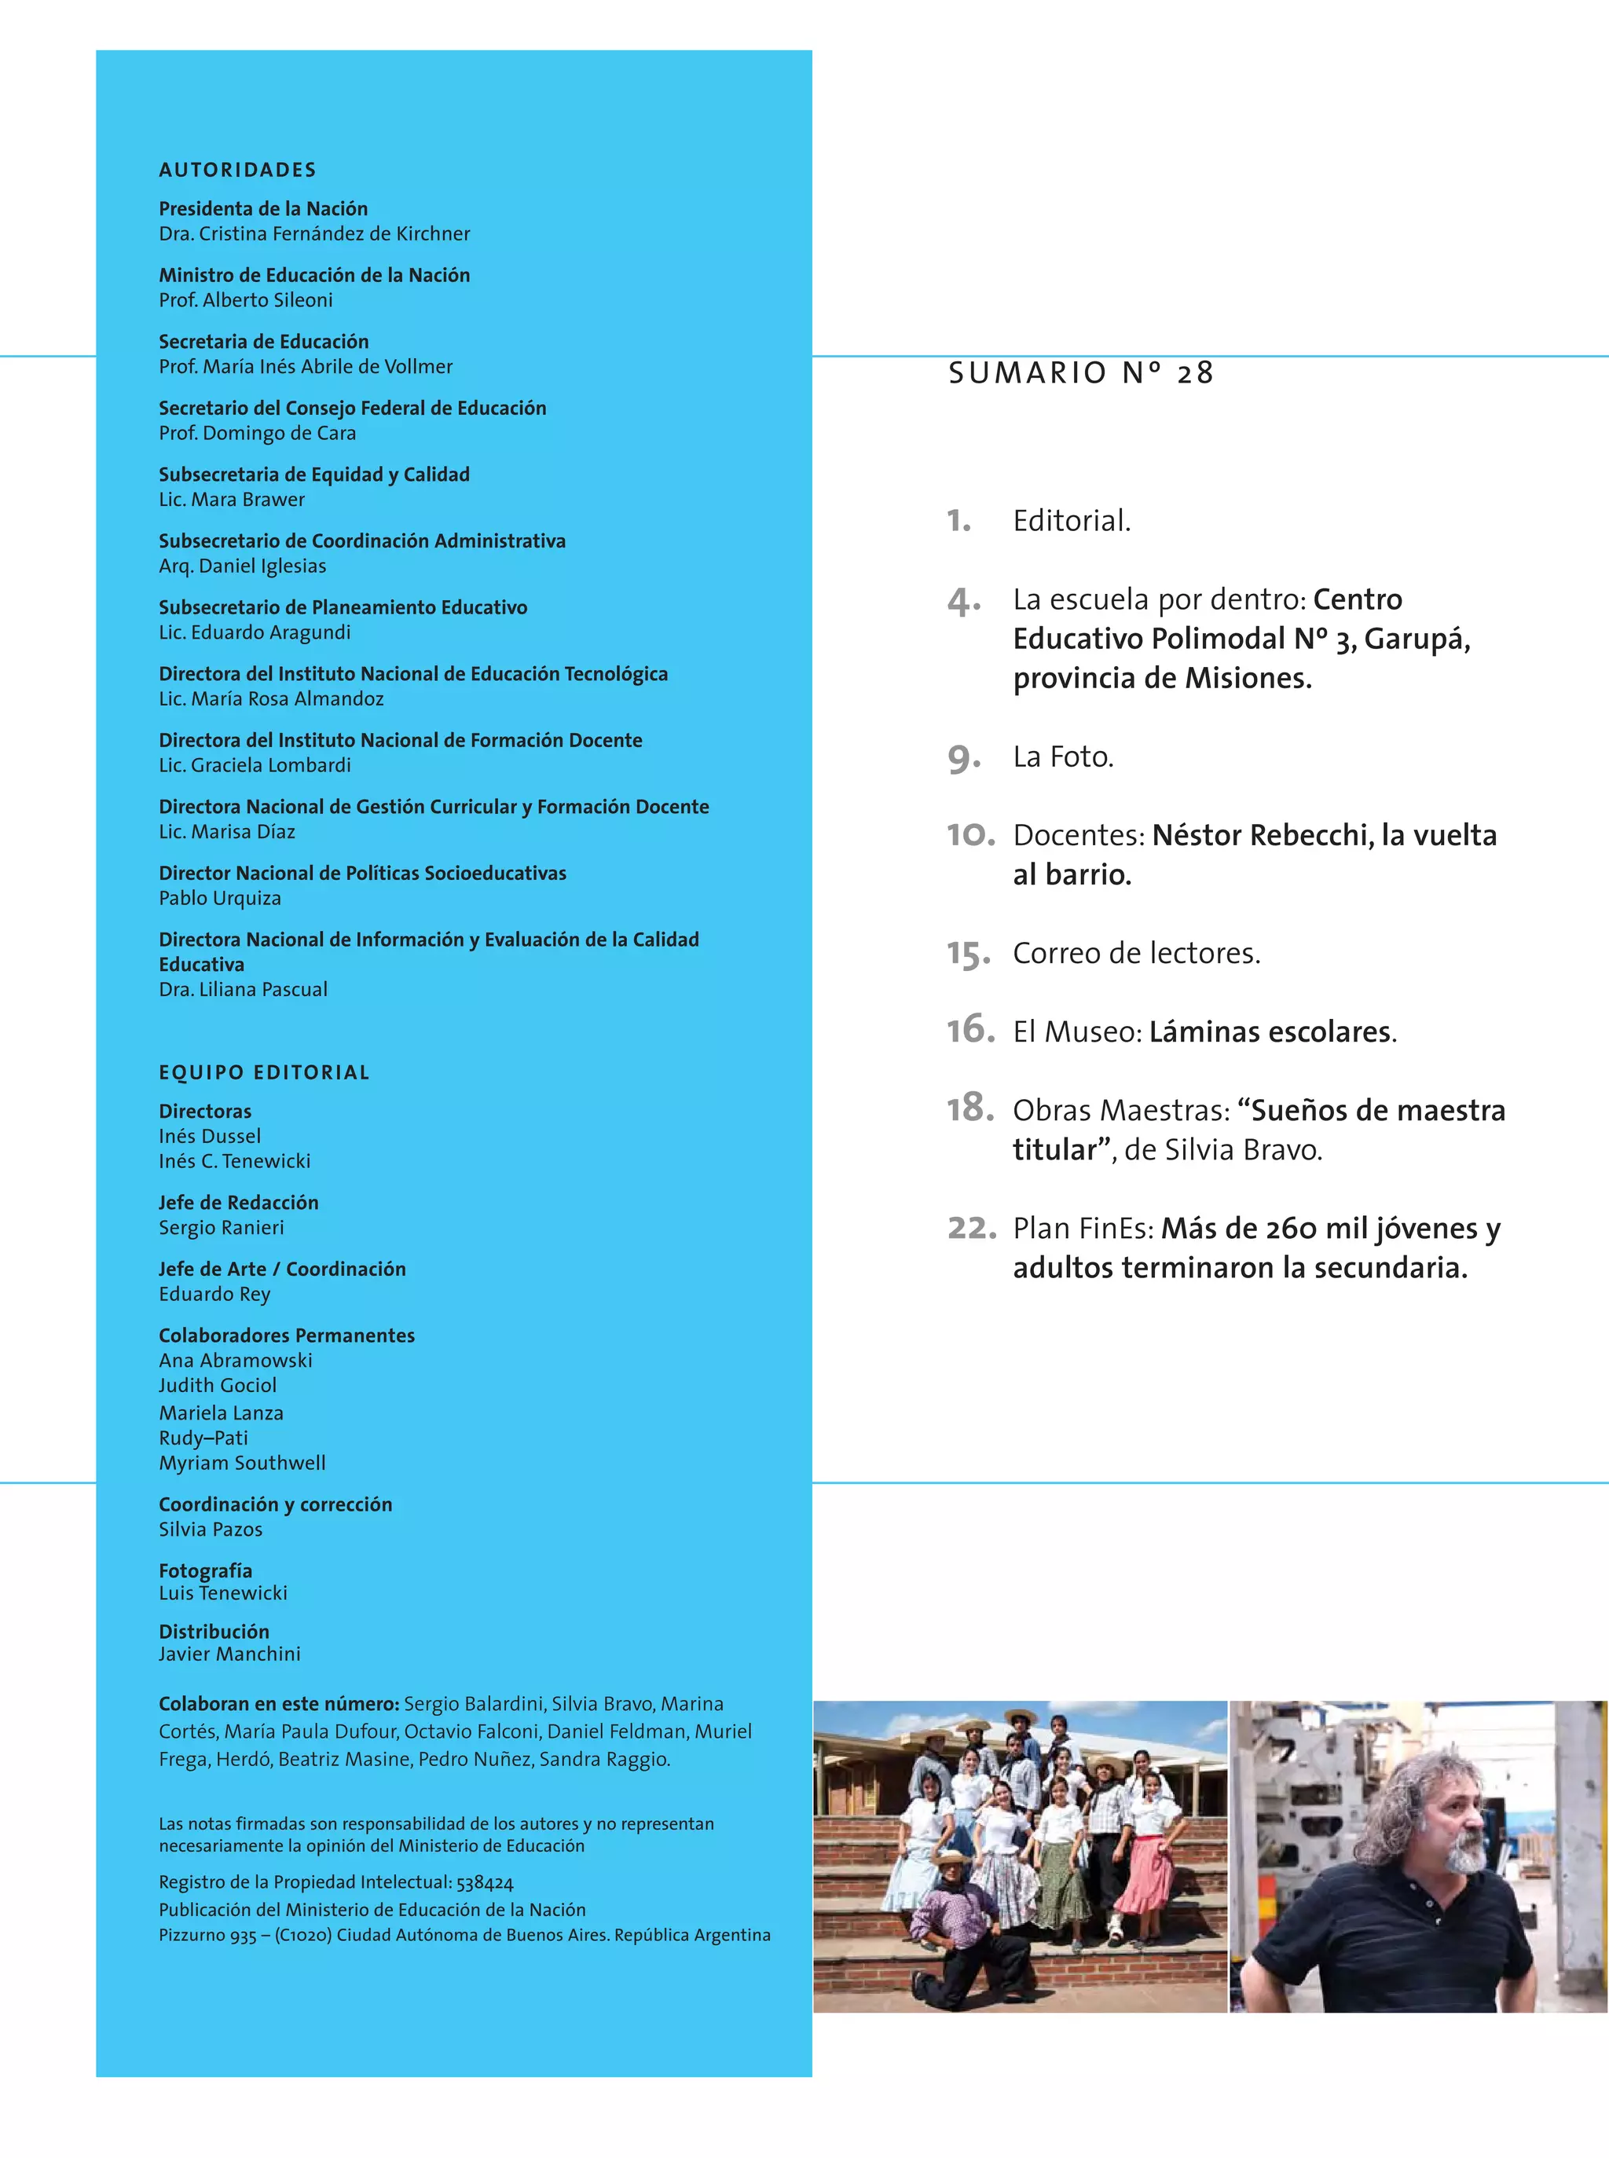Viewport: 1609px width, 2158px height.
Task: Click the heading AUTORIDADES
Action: click(x=237, y=170)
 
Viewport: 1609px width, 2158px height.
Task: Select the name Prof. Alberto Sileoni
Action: click(x=245, y=300)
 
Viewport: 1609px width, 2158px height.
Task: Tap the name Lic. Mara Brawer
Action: click(x=232, y=500)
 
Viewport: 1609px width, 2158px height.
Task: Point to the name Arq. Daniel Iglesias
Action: click(x=243, y=566)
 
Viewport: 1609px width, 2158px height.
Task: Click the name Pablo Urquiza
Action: click(x=220, y=898)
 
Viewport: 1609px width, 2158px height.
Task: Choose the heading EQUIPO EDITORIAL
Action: click(x=264, y=1072)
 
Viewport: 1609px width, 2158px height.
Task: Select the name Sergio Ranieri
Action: click(x=221, y=1227)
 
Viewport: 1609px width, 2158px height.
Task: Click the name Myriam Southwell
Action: click(x=243, y=1463)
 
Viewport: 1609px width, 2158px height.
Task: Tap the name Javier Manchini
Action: click(x=230, y=1654)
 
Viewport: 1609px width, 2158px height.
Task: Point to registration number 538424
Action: click(x=484, y=1882)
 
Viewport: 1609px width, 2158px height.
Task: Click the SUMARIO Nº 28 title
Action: click(x=1081, y=373)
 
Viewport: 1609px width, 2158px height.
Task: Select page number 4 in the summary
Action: click(x=962, y=601)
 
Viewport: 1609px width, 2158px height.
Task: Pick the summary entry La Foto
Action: click(x=1063, y=757)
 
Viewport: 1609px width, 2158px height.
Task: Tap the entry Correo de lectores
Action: click(x=1137, y=952)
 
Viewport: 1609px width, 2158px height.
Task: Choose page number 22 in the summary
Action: click(x=971, y=1227)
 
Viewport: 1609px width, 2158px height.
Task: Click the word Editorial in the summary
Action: click(x=1072, y=521)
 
